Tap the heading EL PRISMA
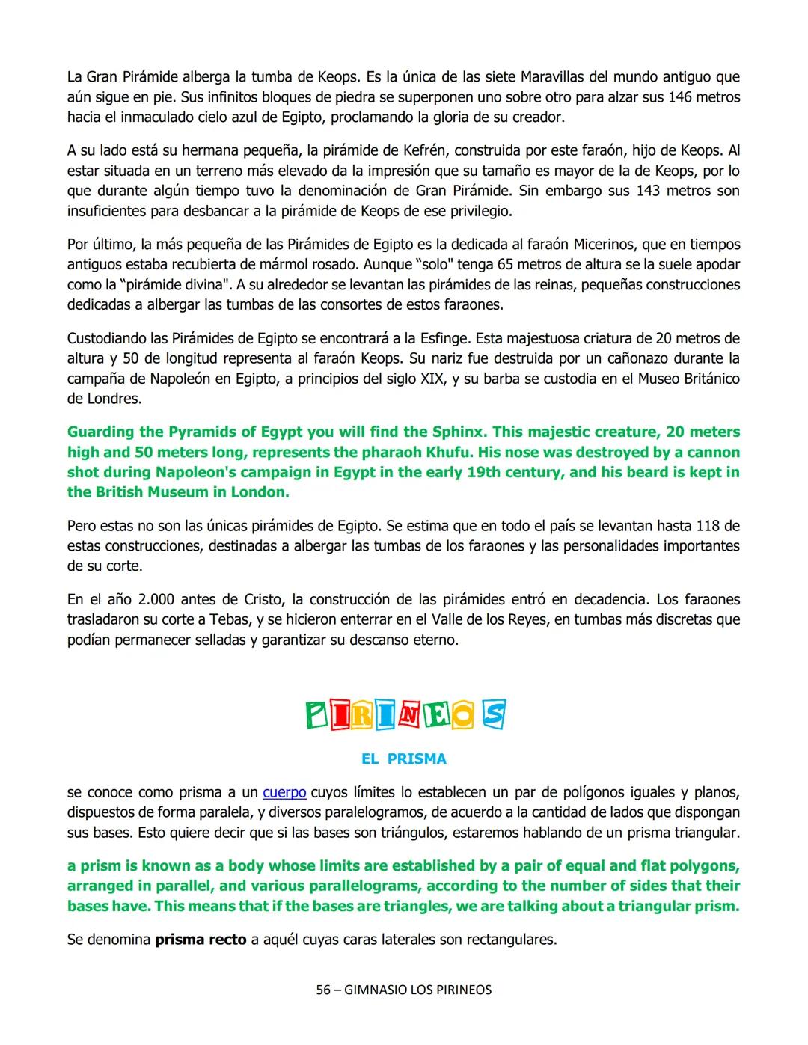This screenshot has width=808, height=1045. [x=403, y=759]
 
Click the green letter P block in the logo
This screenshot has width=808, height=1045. [x=317, y=715]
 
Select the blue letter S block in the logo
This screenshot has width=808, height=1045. [x=493, y=714]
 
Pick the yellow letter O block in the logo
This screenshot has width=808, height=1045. [x=464, y=716]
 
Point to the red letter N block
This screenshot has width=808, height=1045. [x=408, y=716]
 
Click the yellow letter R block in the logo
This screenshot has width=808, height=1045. [x=361, y=716]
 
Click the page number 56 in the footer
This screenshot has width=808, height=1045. [x=322, y=990]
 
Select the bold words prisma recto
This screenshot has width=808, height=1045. [x=201, y=939]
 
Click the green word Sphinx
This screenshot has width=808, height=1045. [x=459, y=432]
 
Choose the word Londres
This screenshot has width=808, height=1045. [x=113, y=399]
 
